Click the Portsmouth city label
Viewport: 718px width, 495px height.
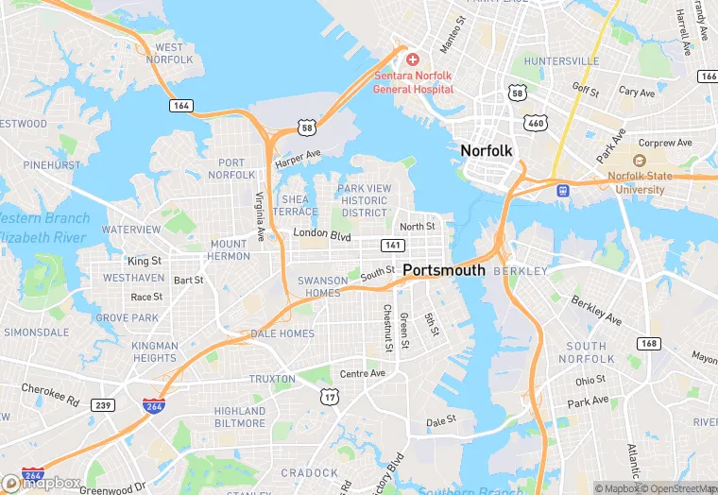point(444,270)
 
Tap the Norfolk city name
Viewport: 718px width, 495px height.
point(486,150)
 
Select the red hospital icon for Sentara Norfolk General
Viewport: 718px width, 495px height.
point(413,60)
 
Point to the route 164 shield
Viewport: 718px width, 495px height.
point(181,106)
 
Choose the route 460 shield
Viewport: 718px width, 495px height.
point(537,123)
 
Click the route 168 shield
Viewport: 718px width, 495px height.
point(648,343)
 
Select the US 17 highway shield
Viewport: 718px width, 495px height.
point(329,399)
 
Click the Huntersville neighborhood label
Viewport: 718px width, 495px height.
point(561,61)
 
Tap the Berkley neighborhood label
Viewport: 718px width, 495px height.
point(521,271)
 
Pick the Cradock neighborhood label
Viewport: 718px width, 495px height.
point(309,473)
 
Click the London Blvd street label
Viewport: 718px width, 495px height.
point(322,233)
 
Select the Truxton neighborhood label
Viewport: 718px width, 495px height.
point(272,379)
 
